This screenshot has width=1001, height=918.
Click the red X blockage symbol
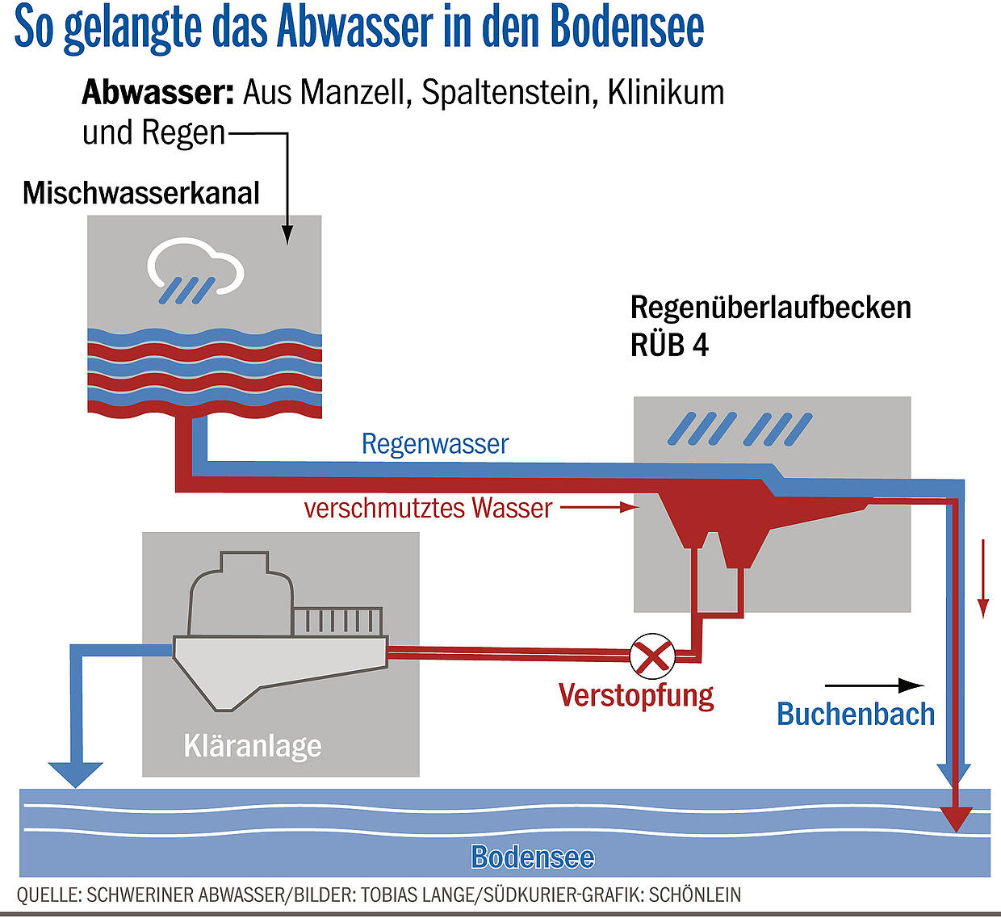pyautogui.click(x=652, y=656)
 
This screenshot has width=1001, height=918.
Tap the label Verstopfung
pyautogui.click(x=636, y=696)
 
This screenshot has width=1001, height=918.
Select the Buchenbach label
pyautogui.click(x=856, y=715)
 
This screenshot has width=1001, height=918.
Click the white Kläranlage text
pyautogui.click(x=253, y=747)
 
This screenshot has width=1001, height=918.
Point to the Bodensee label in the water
pyautogui.click(x=533, y=857)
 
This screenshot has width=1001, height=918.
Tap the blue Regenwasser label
pyautogui.click(x=434, y=444)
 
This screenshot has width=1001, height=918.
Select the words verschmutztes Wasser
pyautogui.click(x=428, y=508)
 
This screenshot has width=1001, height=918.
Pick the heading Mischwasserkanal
pyautogui.click(x=141, y=193)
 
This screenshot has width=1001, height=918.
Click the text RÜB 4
pyautogui.click(x=669, y=345)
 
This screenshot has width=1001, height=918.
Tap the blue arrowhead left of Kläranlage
pyautogui.click(x=75, y=774)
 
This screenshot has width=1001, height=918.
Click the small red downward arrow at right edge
pyautogui.click(x=983, y=579)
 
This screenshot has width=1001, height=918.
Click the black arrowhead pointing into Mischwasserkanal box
pyautogui.click(x=287, y=234)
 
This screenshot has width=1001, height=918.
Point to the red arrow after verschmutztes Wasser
pyautogui.click(x=600, y=508)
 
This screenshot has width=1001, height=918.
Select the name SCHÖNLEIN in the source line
pyautogui.click(x=694, y=895)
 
